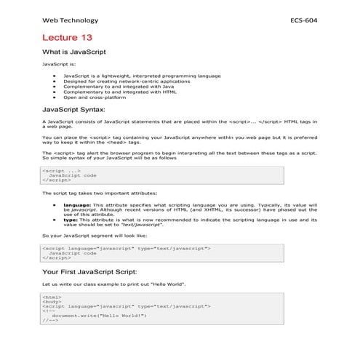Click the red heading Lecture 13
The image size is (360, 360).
point(67,36)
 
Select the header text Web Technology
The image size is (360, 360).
point(70,20)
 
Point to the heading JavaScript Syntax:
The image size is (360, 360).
point(79,109)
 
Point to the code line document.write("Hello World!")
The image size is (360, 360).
point(99,316)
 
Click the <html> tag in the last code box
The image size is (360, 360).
point(52,297)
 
